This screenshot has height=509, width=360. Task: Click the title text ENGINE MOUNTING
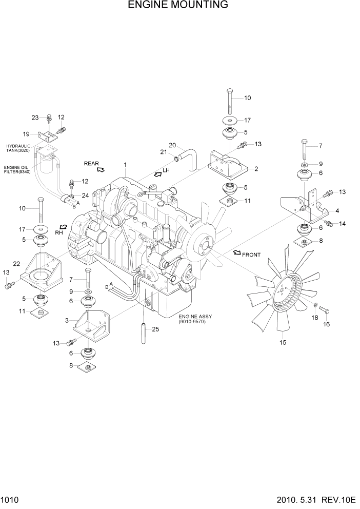tap(178, 6)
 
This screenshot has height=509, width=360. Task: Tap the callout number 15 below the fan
tap(282, 342)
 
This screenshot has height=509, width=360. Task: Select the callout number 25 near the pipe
tap(156, 329)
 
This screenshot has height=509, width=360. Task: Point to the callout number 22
tap(16, 264)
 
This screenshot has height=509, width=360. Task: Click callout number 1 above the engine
tap(125, 164)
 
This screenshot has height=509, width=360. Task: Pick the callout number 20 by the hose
tap(172, 145)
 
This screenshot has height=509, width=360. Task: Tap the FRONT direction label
tap(251, 254)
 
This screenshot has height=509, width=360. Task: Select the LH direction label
tap(166, 170)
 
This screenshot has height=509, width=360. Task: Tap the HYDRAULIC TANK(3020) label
tap(18, 148)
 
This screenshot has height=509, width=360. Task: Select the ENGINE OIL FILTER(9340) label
tap(18, 170)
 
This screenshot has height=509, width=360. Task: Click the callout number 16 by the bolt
tap(326, 324)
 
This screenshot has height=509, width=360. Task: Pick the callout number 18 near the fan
tap(315, 318)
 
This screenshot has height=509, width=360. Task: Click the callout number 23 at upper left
tap(35, 118)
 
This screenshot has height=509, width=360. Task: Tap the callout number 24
tap(85, 195)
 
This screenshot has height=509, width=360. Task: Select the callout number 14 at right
tap(343, 224)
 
